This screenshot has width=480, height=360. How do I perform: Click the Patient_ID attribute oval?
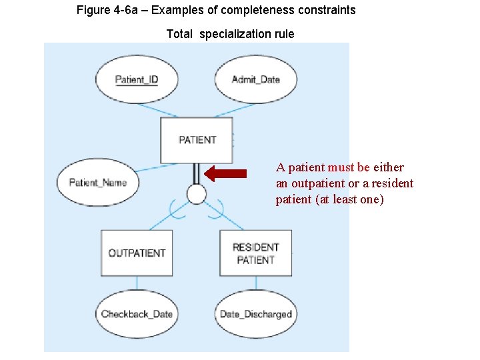tap(137, 80)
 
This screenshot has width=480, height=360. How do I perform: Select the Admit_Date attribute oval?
tap(255, 80)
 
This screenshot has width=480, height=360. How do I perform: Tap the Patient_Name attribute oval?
tap(97, 183)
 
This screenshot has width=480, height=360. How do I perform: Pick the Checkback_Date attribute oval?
tap(137, 314)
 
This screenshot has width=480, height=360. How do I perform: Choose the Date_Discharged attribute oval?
tap(255, 314)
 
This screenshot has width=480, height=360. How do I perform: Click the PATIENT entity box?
tap(197, 140)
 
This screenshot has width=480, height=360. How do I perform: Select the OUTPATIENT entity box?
tap(137, 253)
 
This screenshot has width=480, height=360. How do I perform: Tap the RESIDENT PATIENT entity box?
tap(255, 253)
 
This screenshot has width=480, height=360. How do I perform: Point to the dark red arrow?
tap(225, 174)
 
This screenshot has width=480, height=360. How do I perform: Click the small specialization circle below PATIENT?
tap(196, 194)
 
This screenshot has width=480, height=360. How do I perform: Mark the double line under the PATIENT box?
tap(196, 174)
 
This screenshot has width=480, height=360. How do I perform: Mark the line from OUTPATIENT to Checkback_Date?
tap(137, 286)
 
